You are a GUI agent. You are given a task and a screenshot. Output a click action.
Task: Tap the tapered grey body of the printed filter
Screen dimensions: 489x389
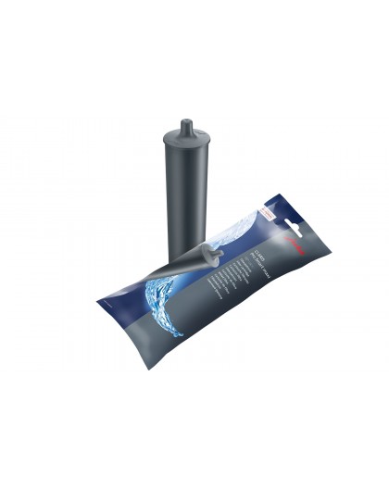click(185, 264)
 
